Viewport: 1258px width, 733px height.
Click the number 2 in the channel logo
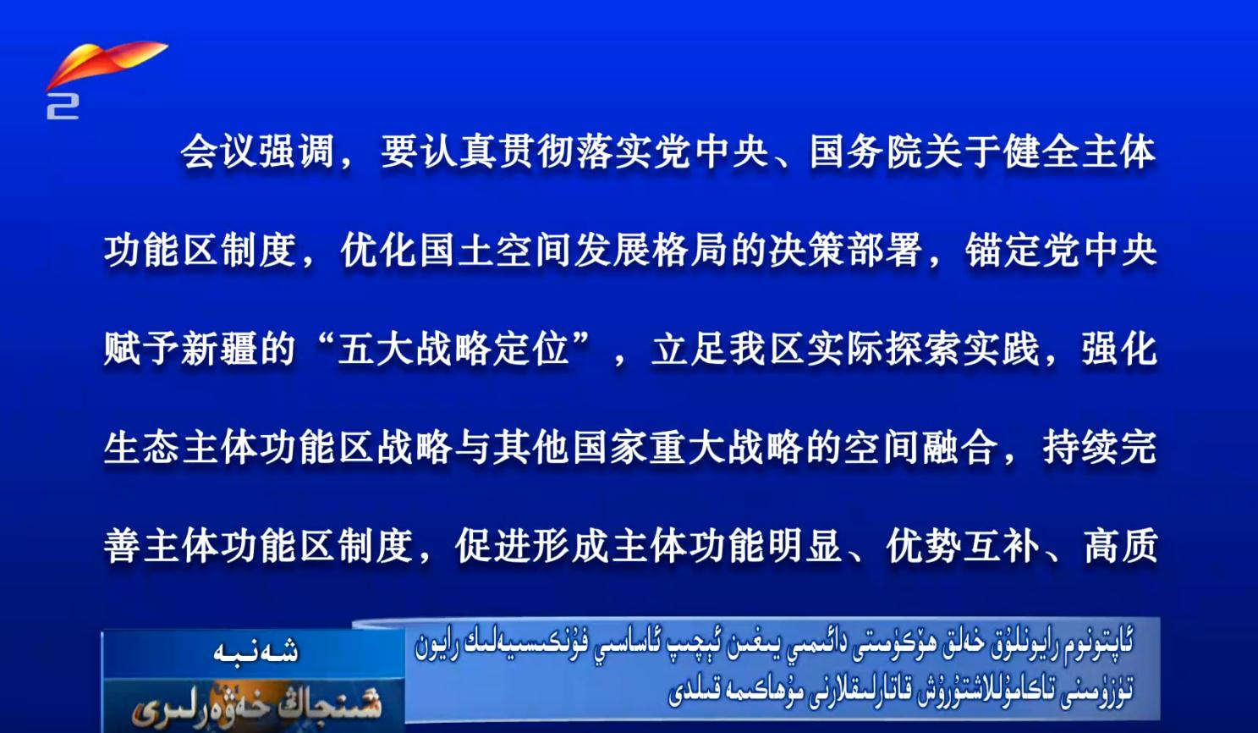[63, 106]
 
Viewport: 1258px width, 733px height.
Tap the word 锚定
[1003, 250]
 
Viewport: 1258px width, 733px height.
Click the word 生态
[141, 447]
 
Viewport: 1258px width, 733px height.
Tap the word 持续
[1080, 447]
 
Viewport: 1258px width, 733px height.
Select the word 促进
[493, 545]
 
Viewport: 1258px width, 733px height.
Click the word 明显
[805, 545]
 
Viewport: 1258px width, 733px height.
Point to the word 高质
[1121, 545]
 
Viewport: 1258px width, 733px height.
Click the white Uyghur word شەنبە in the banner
[255, 652]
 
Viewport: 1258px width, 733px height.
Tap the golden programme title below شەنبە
[256, 705]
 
